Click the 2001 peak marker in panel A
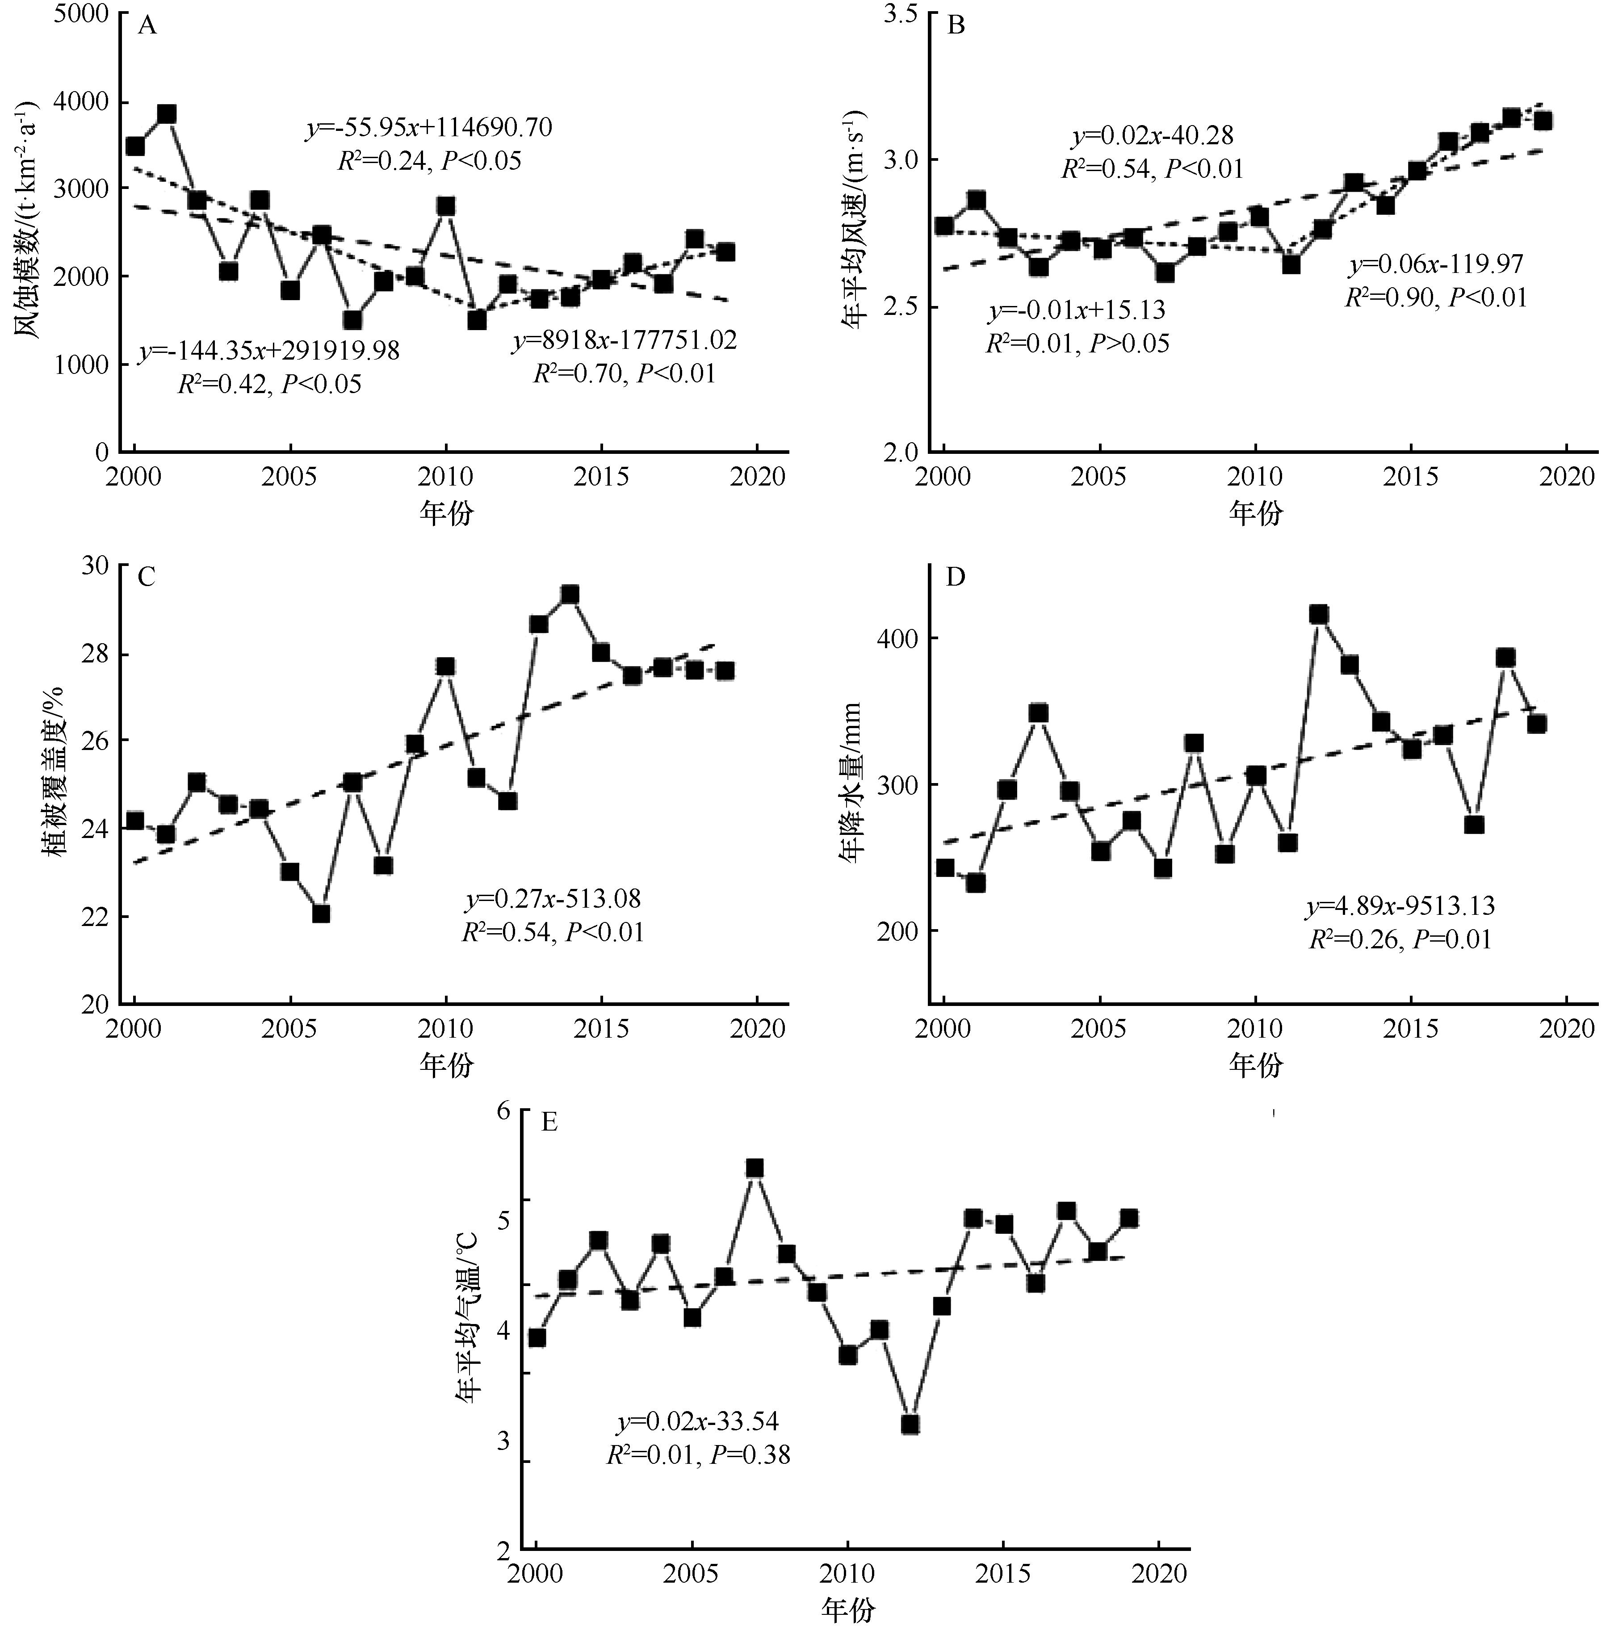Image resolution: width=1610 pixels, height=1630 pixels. (166, 114)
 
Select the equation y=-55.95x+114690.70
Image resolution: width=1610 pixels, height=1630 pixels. (429, 128)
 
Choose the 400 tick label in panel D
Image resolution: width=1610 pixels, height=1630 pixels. (900, 639)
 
